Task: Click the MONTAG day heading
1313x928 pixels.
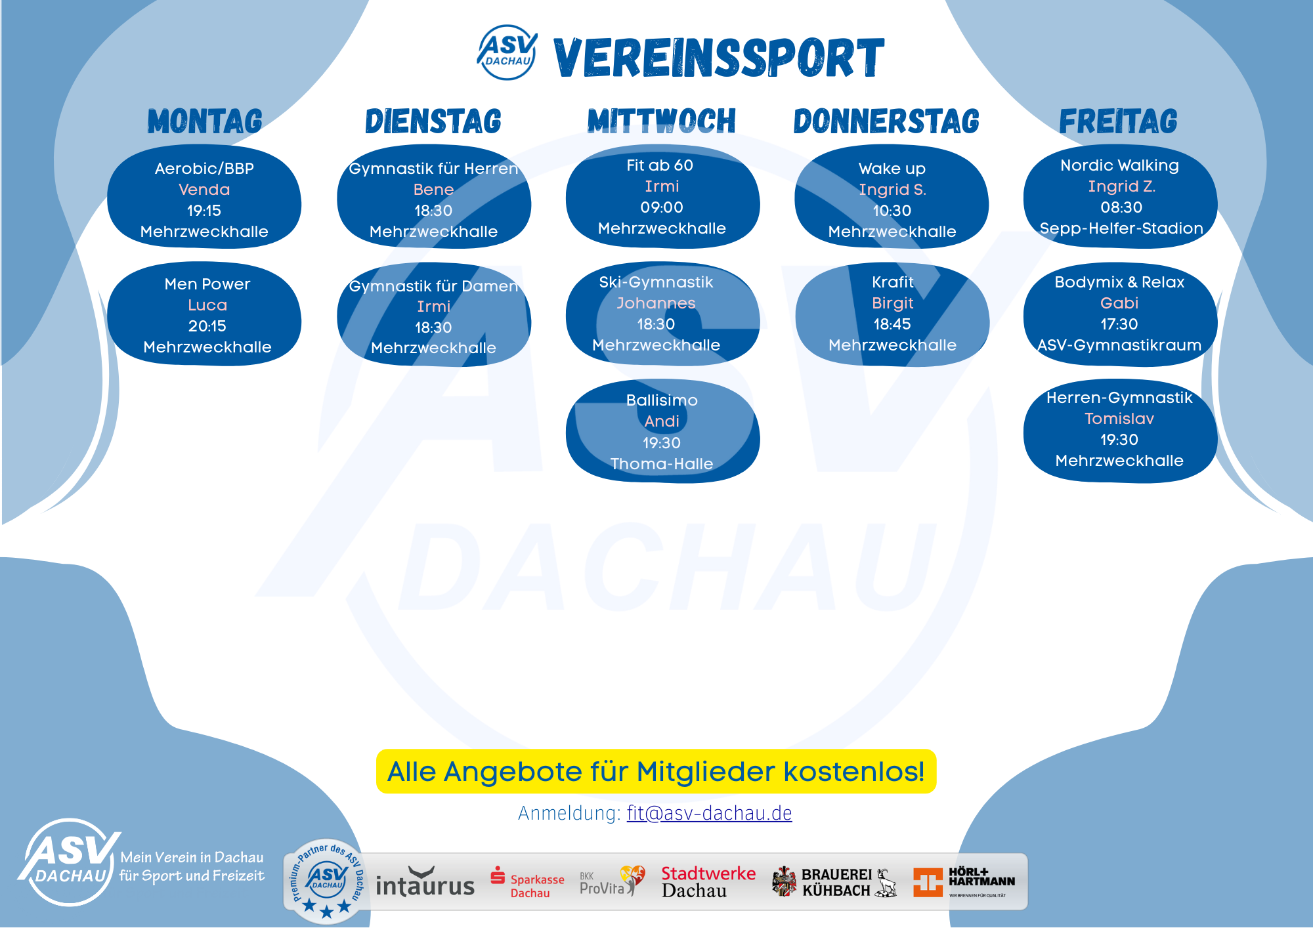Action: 205,121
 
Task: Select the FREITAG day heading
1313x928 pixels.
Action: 1118,121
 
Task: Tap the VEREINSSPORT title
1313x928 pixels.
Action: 719,58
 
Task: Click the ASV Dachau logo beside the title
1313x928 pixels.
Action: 507,53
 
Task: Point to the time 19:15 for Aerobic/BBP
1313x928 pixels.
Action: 204,211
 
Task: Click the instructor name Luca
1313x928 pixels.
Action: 207,305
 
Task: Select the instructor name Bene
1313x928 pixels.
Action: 433,190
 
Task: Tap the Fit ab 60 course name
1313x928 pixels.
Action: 660,165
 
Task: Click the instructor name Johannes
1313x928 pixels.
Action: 656,303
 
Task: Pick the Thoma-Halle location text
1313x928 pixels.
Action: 662,464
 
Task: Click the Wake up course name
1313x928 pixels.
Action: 892,169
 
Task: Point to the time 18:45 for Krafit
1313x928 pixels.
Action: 892,324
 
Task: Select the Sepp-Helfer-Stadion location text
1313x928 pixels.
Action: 1121,228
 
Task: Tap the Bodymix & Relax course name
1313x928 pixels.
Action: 1119,282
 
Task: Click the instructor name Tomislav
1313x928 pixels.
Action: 1119,419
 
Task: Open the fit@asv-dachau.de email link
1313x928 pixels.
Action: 709,813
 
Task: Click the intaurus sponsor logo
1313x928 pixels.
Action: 425,883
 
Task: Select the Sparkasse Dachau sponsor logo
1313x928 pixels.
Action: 527,883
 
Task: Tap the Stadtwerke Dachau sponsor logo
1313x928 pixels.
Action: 708,882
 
